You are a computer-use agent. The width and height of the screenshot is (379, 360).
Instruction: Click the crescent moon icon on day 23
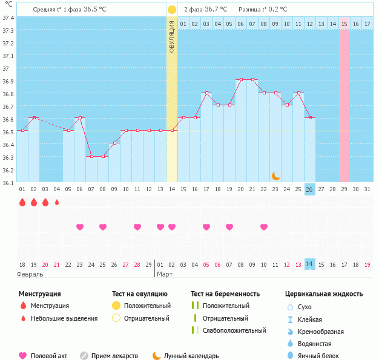pyautogui.click(x=275, y=175)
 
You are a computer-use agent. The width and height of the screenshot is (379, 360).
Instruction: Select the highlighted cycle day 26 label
pyautogui.click(x=309, y=189)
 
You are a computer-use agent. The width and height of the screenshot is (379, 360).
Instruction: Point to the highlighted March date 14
pyautogui.click(x=309, y=264)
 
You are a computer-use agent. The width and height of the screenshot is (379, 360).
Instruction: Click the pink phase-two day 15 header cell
pyautogui.click(x=344, y=24)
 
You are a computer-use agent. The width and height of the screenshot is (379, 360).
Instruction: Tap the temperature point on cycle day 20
pyautogui.click(x=240, y=79)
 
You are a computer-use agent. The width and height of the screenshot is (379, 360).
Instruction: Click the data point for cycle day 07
pyautogui.click(x=91, y=156)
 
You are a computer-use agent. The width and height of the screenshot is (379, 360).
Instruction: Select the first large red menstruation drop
pyautogui.click(x=22, y=203)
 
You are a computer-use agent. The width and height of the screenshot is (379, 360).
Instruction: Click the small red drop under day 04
pyautogui.click(x=57, y=203)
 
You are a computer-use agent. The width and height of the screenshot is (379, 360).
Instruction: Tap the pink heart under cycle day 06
pyautogui.click(x=80, y=227)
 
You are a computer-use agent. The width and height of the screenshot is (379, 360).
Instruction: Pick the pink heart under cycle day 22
pyautogui.click(x=264, y=227)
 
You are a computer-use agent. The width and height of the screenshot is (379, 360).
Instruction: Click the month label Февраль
pyautogui.click(x=30, y=274)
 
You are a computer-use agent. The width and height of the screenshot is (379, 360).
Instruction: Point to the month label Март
pyautogui.click(x=165, y=274)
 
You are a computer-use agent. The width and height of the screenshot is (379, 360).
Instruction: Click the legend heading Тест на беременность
pyautogui.click(x=225, y=294)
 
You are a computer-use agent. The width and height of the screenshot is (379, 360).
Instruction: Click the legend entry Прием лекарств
pyautogui.click(x=114, y=356)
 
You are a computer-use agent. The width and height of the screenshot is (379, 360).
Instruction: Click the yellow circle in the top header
pyautogui.click(x=172, y=10)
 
